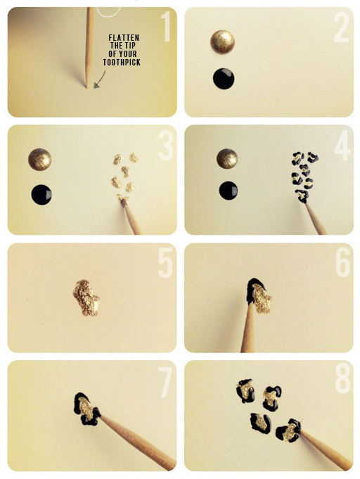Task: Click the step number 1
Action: (x=166, y=27)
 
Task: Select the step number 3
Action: (x=166, y=145)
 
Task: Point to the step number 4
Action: (x=342, y=145)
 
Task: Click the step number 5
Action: (x=165, y=262)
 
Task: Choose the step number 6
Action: (x=342, y=262)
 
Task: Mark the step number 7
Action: (x=165, y=381)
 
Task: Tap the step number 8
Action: (x=342, y=381)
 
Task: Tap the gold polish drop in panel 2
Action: (x=223, y=41)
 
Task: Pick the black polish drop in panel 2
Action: (x=224, y=79)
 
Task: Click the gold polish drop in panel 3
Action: (x=40, y=159)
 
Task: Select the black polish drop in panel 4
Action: (x=229, y=190)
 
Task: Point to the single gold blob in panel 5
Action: (x=86, y=297)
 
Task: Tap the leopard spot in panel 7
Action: (x=86, y=409)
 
